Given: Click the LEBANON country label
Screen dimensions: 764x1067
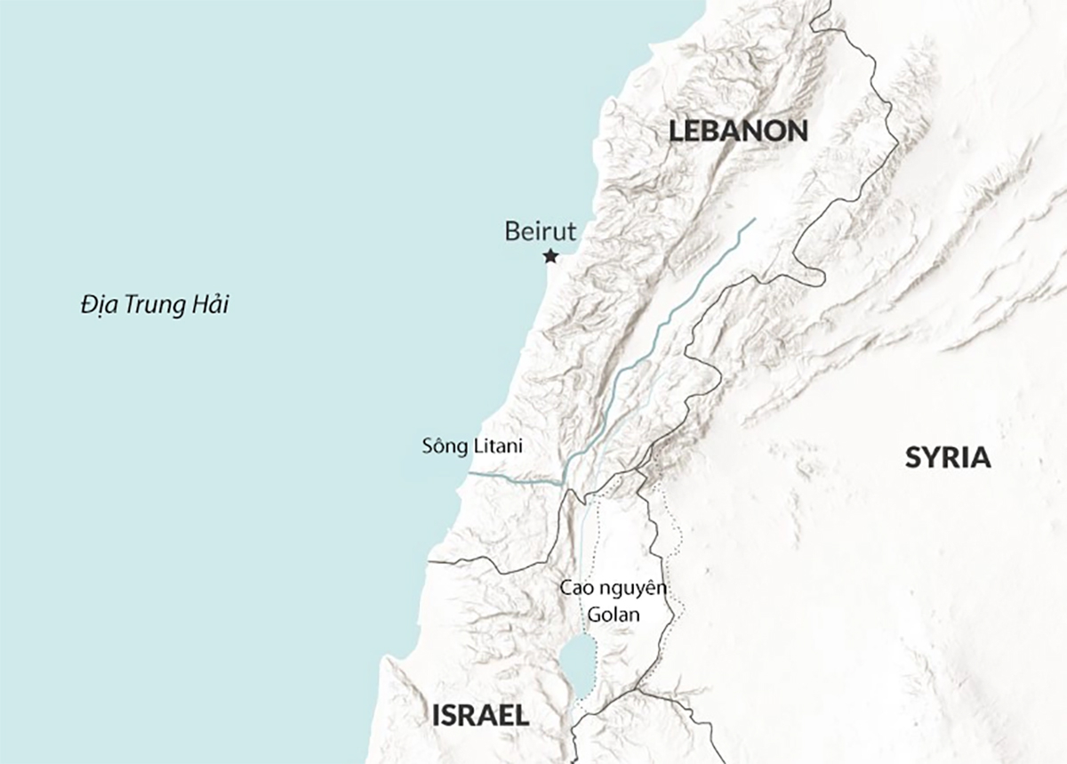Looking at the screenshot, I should pos(739,132).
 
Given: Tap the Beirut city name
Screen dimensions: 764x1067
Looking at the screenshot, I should pos(540,232).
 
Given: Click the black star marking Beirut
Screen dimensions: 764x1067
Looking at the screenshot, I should pos(550,257).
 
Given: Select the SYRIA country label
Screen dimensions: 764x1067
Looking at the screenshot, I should pos(948,458).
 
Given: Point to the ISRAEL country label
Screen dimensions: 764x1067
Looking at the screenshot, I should pos(480,714).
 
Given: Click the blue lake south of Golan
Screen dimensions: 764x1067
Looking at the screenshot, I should pos(579,666).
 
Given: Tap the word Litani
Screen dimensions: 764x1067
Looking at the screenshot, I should pos(497,446).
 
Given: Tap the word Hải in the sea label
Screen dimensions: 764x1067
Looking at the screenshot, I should pos(210,305).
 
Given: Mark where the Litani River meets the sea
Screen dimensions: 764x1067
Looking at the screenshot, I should pos(468,475).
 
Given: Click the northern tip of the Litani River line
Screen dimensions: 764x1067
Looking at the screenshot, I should pos(755,219).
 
